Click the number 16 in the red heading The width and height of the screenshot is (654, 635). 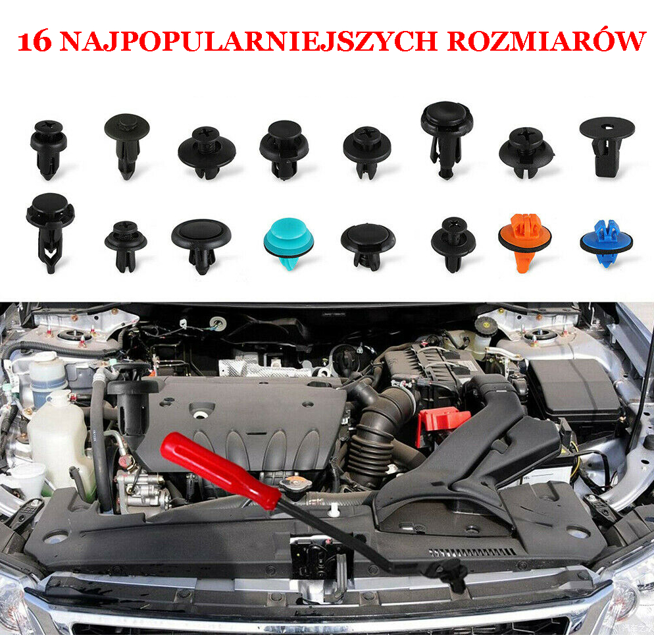(35, 42)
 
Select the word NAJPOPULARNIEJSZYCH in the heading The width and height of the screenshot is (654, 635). (248, 41)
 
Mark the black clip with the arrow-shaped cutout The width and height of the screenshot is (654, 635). (51, 232)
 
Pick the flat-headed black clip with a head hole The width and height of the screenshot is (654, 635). (607, 146)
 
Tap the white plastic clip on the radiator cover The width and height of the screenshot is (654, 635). (334, 510)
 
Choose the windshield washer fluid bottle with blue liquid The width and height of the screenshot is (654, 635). (47, 378)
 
